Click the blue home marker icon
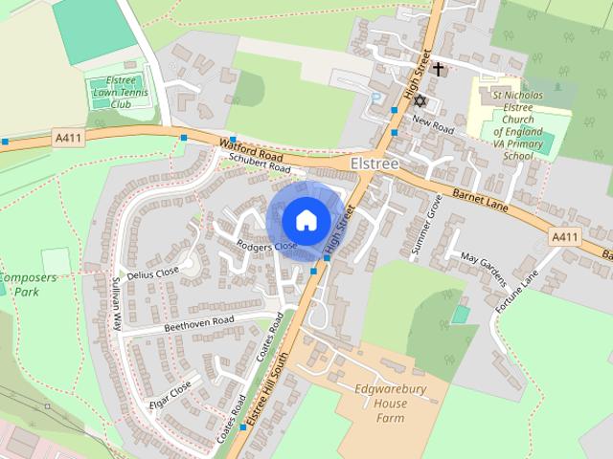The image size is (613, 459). click(305, 220)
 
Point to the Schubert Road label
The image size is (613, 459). click(254, 165)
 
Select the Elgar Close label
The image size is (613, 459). click(170, 394)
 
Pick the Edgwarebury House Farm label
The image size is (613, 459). click(380, 404)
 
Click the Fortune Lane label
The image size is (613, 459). click(517, 287)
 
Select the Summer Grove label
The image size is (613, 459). click(426, 225)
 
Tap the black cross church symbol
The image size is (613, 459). click(439, 69)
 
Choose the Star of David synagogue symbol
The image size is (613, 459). click(418, 100)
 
